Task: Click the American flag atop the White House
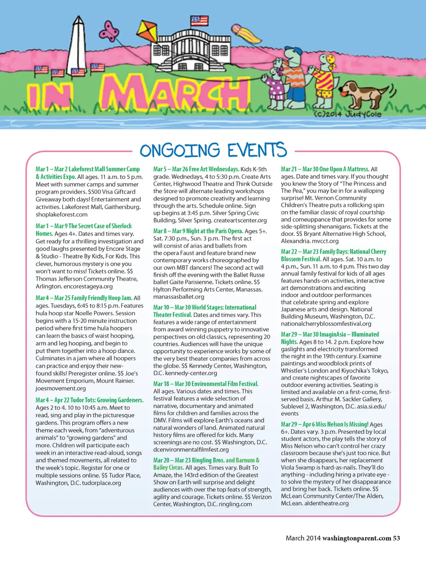point(199,20)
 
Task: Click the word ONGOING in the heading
point(179,151)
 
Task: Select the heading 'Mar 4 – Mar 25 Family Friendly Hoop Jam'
point(84,298)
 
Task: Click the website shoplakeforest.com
point(62,215)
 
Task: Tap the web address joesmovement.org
point(61,388)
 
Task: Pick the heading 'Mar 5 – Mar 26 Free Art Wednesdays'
point(196,169)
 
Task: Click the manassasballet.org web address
point(179,297)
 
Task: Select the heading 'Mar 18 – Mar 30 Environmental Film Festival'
point(205,384)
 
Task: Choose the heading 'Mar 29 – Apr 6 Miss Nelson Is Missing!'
point(324,424)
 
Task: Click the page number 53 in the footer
point(396,538)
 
